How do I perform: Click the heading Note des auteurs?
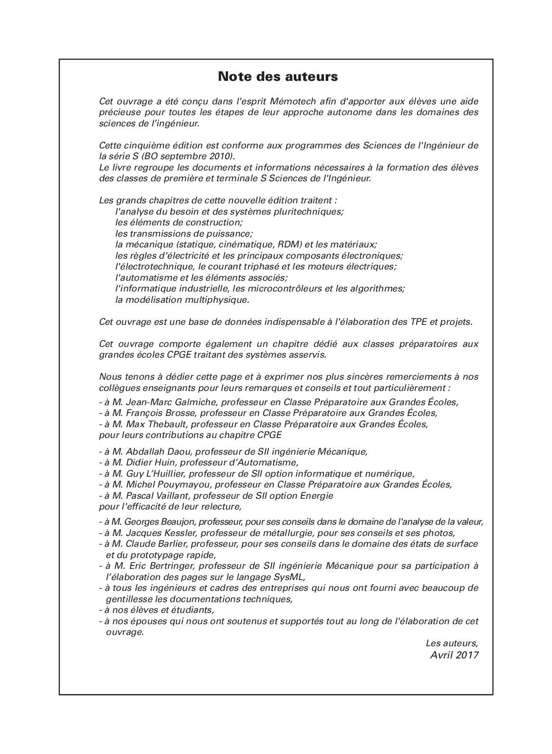278,77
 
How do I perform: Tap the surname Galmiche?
196,402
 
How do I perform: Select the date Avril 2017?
454,655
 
